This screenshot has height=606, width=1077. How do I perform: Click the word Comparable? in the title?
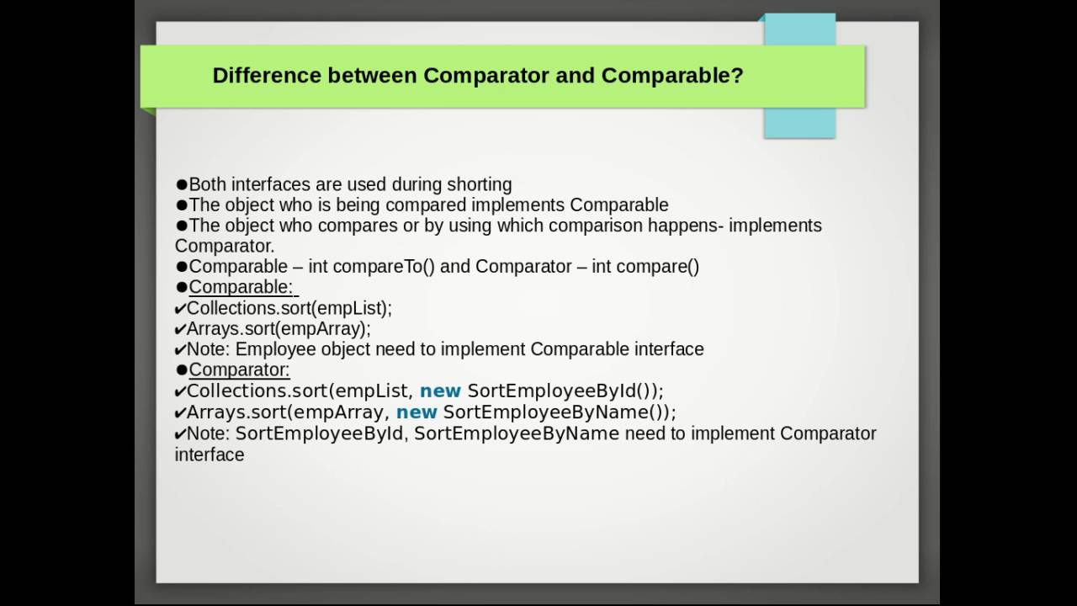click(672, 76)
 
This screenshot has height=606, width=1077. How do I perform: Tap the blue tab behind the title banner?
click(799, 122)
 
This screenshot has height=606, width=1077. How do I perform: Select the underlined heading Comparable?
click(241, 288)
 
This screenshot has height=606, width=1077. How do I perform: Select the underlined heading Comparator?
click(239, 370)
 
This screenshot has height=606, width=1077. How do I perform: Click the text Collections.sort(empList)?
click(289, 308)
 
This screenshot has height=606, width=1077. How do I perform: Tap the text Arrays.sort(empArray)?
click(278, 329)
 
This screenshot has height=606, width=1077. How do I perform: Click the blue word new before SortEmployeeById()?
click(440, 391)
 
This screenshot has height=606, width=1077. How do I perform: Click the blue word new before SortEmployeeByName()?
click(416, 412)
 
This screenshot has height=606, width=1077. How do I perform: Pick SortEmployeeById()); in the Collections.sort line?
click(565, 391)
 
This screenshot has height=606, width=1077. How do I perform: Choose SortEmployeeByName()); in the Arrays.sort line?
click(560, 412)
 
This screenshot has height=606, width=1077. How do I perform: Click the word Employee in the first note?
click(268, 349)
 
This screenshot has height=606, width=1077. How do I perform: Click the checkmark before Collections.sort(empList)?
click(180, 309)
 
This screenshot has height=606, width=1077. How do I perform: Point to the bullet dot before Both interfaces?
click(182, 184)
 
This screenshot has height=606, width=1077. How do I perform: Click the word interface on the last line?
click(210, 455)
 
